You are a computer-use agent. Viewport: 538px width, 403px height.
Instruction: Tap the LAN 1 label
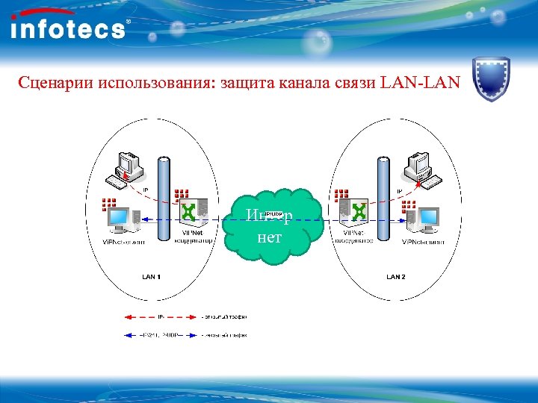coord(152,277)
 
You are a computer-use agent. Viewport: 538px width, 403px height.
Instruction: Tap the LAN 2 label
coord(396,277)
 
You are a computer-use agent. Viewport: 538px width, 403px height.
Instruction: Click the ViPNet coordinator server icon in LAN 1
coord(191,213)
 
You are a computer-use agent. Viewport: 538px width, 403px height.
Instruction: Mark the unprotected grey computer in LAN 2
coord(418,168)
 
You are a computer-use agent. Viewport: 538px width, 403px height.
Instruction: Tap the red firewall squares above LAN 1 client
coord(109,204)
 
